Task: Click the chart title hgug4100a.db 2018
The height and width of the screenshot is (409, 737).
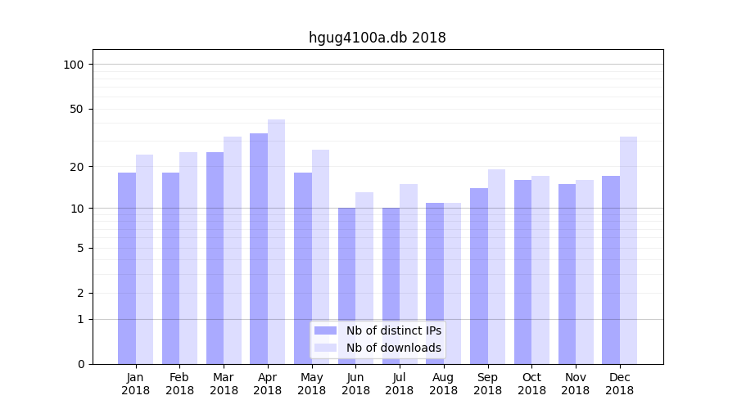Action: tap(377, 38)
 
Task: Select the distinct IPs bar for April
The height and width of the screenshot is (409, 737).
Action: tap(259, 249)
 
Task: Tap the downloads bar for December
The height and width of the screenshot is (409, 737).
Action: tap(628, 250)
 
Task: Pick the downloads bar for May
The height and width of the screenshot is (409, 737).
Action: tap(320, 257)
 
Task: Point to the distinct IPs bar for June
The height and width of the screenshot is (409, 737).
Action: tap(347, 285)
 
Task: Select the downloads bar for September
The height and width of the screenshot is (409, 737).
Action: tap(496, 267)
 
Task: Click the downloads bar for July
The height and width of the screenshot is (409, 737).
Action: tap(409, 274)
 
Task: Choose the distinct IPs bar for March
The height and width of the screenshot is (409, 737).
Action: tap(215, 258)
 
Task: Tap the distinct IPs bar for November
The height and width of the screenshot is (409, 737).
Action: tap(567, 274)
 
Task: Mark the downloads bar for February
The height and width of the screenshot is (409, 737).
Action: tap(188, 258)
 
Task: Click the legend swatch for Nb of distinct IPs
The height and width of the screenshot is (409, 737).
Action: tap(325, 330)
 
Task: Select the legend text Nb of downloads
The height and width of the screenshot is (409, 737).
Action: tap(393, 348)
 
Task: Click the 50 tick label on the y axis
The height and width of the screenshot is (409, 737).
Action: tap(77, 109)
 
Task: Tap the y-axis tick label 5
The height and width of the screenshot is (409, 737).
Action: tap(80, 248)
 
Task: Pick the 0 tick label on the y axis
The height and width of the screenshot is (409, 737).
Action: tap(80, 364)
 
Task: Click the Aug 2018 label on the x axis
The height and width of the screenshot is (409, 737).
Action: tap(443, 384)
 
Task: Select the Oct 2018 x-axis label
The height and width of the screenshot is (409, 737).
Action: tap(531, 384)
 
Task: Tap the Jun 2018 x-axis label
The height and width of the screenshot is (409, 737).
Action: tap(355, 384)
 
